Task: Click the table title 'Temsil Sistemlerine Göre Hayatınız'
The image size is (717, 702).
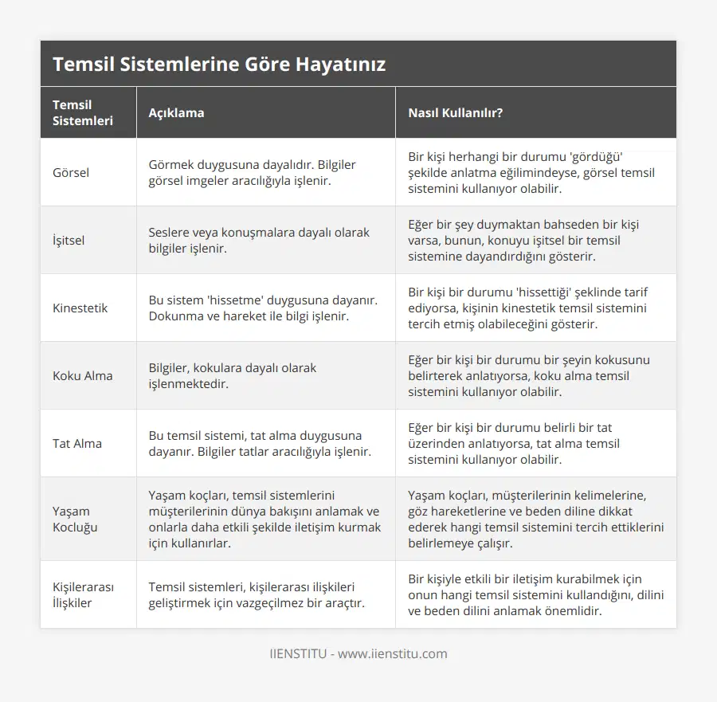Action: (x=219, y=64)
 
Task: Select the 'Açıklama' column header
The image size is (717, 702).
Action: (x=176, y=112)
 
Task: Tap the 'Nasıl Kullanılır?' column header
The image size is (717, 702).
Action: (x=455, y=112)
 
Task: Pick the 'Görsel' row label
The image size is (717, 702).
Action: (x=71, y=172)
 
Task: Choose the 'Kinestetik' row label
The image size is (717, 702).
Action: (x=80, y=308)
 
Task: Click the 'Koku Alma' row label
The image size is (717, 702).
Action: (x=82, y=375)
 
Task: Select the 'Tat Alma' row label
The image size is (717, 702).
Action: (x=77, y=443)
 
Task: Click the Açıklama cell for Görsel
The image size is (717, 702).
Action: (x=252, y=172)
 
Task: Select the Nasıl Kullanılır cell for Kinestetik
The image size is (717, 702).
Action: (x=527, y=308)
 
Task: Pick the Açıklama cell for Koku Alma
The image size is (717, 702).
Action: (x=232, y=375)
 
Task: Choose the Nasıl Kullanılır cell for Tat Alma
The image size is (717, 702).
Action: (x=514, y=443)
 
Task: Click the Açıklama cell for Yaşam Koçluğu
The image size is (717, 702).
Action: (x=264, y=519)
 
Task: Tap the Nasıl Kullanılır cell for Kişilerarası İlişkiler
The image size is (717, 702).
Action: (x=535, y=594)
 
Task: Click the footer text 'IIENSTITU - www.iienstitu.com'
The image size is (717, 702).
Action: (x=358, y=653)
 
